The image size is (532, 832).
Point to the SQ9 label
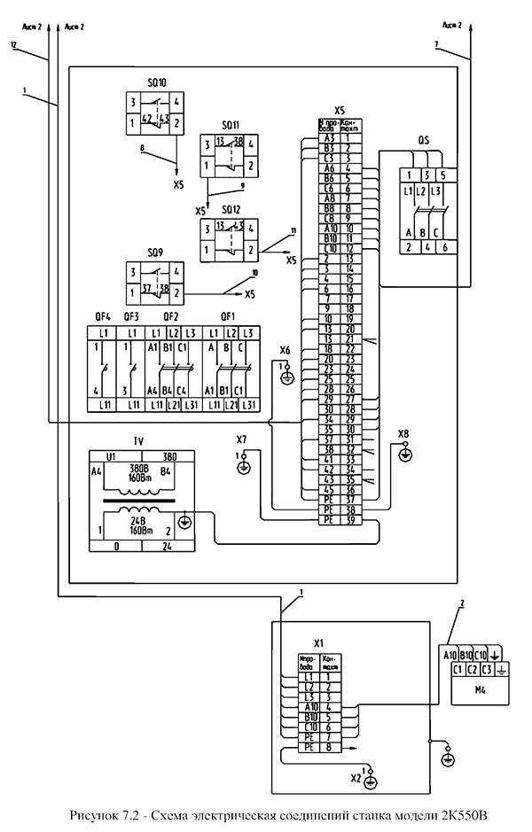[x=156, y=252]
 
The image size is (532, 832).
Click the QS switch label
[x=424, y=140]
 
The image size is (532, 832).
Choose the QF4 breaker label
[x=103, y=315]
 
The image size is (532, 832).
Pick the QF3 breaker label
[x=131, y=315]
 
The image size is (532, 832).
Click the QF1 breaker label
[x=228, y=315]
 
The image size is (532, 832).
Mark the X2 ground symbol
[x=370, y=780]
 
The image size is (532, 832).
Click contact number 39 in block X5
[x=349, y=520]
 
